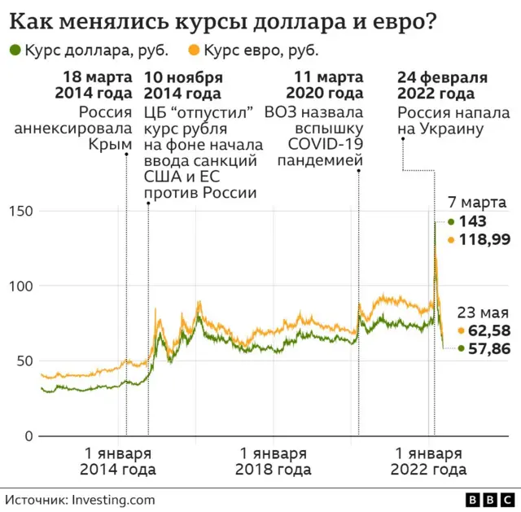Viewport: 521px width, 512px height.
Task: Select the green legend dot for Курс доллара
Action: click(x=15, y=50)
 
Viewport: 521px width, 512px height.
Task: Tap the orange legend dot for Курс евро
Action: click(x=194, y=50)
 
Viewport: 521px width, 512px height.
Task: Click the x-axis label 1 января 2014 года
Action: click(x=118, y=462)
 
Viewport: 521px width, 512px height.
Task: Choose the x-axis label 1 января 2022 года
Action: click(x=428, y=462)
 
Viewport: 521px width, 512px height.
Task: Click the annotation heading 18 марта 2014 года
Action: click(x=93, y=85)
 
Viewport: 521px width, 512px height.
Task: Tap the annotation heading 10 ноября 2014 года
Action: click(x=183, y=85)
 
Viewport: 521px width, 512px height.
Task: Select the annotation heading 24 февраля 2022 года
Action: click(x=442, y=85)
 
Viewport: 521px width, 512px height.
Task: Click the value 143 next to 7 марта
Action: click(x=473, y=221)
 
